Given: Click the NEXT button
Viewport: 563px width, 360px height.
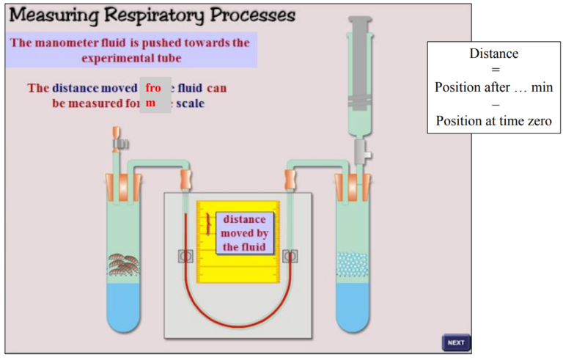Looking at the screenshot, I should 455,342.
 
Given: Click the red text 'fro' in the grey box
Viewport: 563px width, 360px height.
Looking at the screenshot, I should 152,87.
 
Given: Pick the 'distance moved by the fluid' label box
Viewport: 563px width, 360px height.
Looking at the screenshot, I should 246,233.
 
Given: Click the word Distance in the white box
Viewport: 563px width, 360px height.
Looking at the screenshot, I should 493,54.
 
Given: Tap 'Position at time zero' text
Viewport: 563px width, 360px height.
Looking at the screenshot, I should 493,121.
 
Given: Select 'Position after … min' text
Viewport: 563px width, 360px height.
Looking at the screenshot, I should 493,87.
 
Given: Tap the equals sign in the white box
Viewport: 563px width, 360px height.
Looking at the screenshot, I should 493,70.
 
